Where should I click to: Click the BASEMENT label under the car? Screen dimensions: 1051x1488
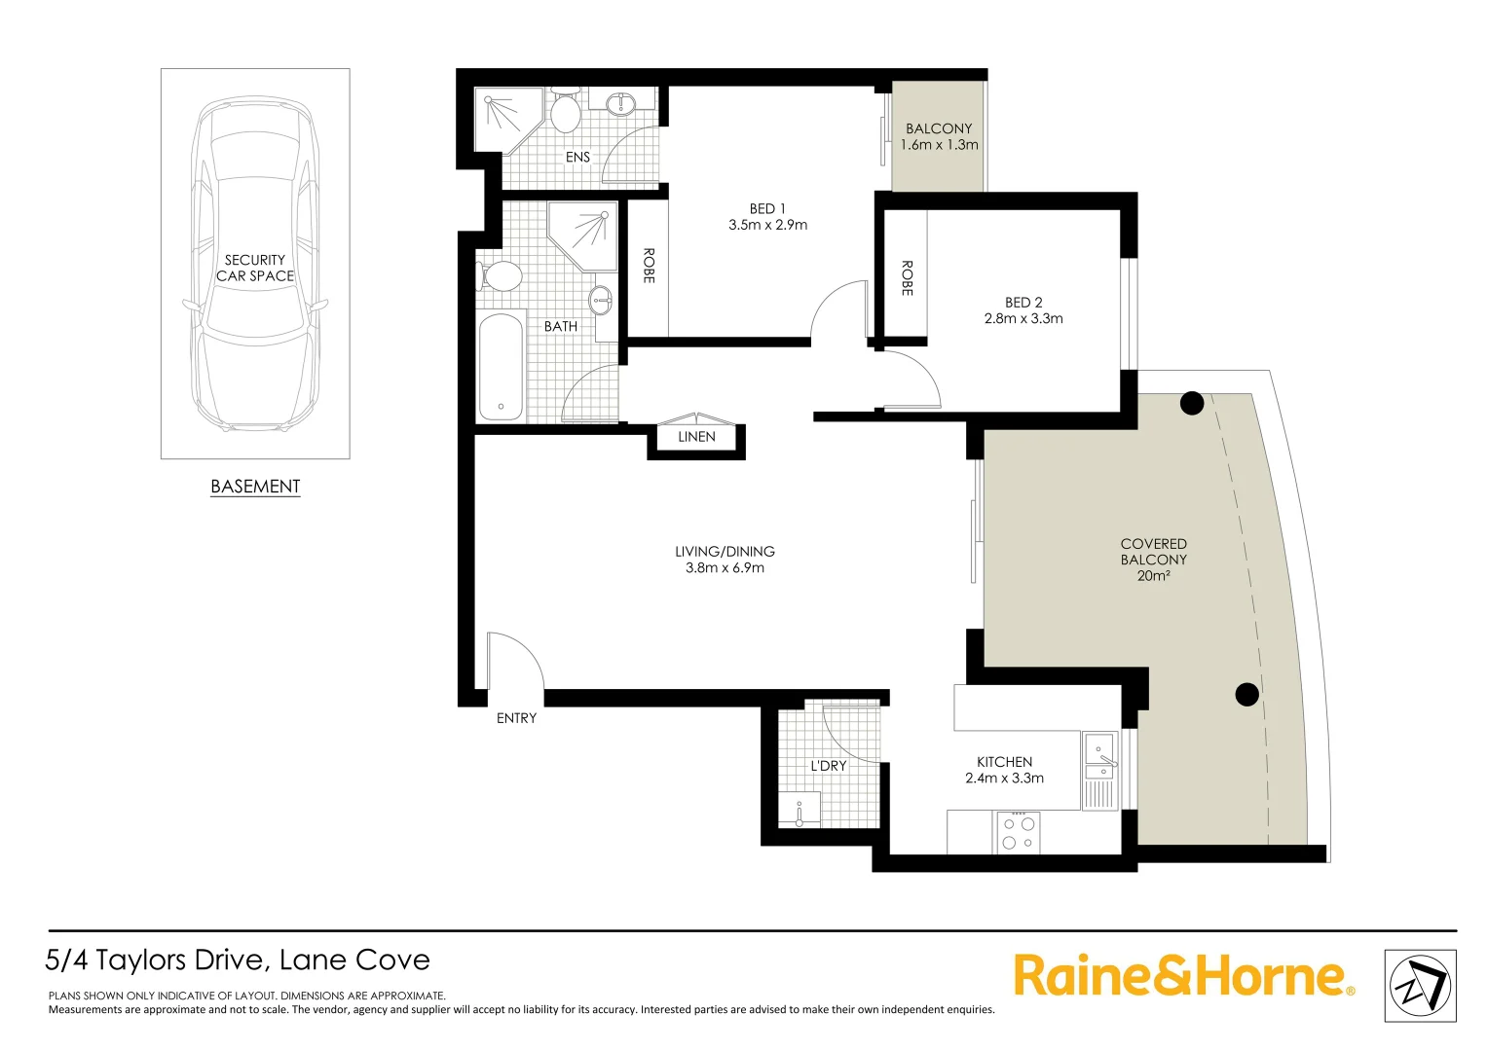pos(255,487)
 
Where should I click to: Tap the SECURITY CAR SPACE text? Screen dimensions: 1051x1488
pos(255,268)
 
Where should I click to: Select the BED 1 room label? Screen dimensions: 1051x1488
pos(767,209)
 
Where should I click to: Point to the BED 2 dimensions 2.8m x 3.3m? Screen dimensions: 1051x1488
pos(1023,318)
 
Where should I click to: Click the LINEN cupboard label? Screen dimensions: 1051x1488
pos(696,437)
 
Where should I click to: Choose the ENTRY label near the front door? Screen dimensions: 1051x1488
pos(516,718)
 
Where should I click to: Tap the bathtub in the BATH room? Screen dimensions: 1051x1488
pos(501,366)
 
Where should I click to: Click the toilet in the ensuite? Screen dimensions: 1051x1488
pos(566,111)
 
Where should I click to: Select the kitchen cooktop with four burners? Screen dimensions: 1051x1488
pos(1019,833)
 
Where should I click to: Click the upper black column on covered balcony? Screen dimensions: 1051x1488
pos(1192,403)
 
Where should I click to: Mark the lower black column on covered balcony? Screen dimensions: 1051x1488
pos(1246,694)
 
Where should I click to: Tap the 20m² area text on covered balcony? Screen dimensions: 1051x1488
pos(1153,576)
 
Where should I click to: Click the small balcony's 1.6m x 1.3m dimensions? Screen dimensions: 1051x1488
pos(939,145)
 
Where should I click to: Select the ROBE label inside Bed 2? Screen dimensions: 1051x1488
pos(907,277)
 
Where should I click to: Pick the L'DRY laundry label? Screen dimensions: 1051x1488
pos(829,766)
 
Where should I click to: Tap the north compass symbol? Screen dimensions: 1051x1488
pos(1420,986)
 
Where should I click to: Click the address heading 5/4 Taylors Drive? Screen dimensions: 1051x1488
pos(238,960)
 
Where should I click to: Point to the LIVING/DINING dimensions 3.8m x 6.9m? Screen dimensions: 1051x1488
pos(725,568)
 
